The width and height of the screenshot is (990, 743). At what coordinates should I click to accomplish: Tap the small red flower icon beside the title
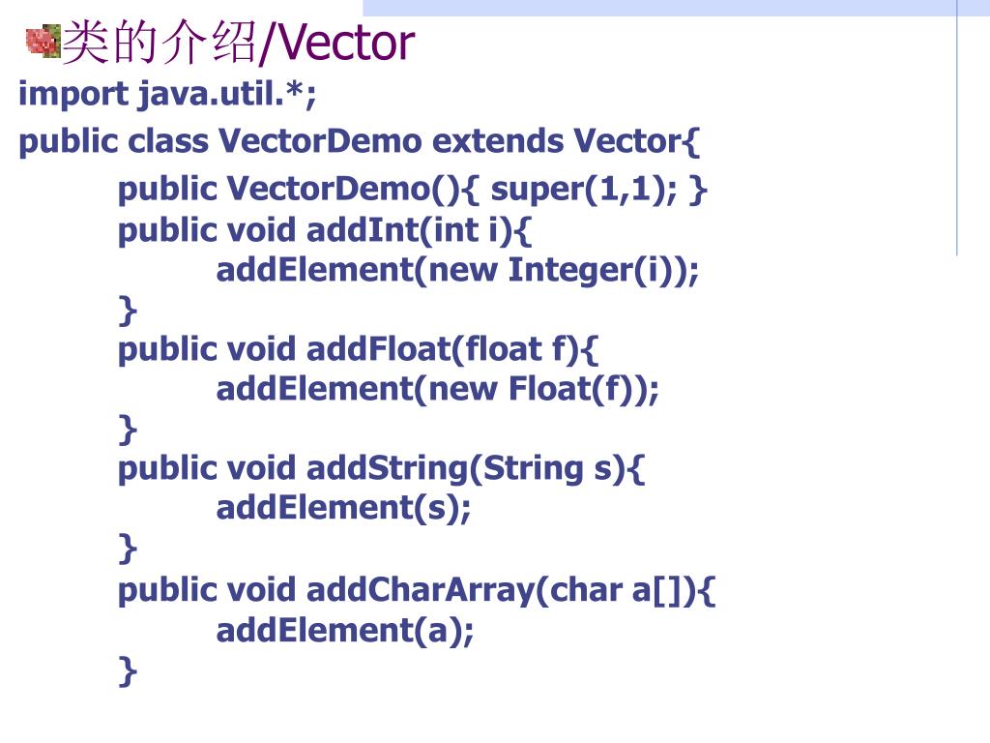tap(43, 42)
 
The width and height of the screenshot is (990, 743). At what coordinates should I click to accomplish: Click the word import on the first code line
tap(73, 95)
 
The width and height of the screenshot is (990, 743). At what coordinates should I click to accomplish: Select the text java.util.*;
tap(227, 95)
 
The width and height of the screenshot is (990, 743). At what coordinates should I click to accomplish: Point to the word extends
tap(498, 142)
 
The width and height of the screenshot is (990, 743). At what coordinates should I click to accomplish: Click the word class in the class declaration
tap(168, 142)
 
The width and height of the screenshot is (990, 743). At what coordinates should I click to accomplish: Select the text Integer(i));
tap(603, 270)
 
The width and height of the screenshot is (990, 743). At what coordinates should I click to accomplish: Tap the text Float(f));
tap(584, 389)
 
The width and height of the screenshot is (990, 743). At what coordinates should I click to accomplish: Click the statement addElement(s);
tap(344, 508)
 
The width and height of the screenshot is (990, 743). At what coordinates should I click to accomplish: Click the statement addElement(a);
tap(345, 631)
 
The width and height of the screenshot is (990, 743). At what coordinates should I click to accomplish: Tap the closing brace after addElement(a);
tap(128, 669)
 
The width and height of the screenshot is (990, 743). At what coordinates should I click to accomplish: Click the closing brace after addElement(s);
tap(128, 549)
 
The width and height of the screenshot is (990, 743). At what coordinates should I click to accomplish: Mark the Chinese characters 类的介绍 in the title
tap(160, 44)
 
